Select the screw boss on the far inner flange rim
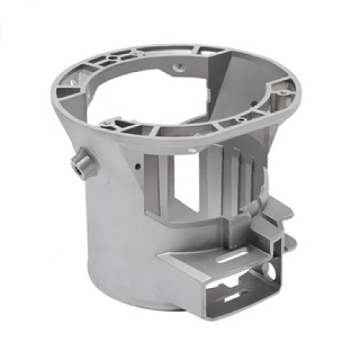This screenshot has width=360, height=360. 179,67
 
